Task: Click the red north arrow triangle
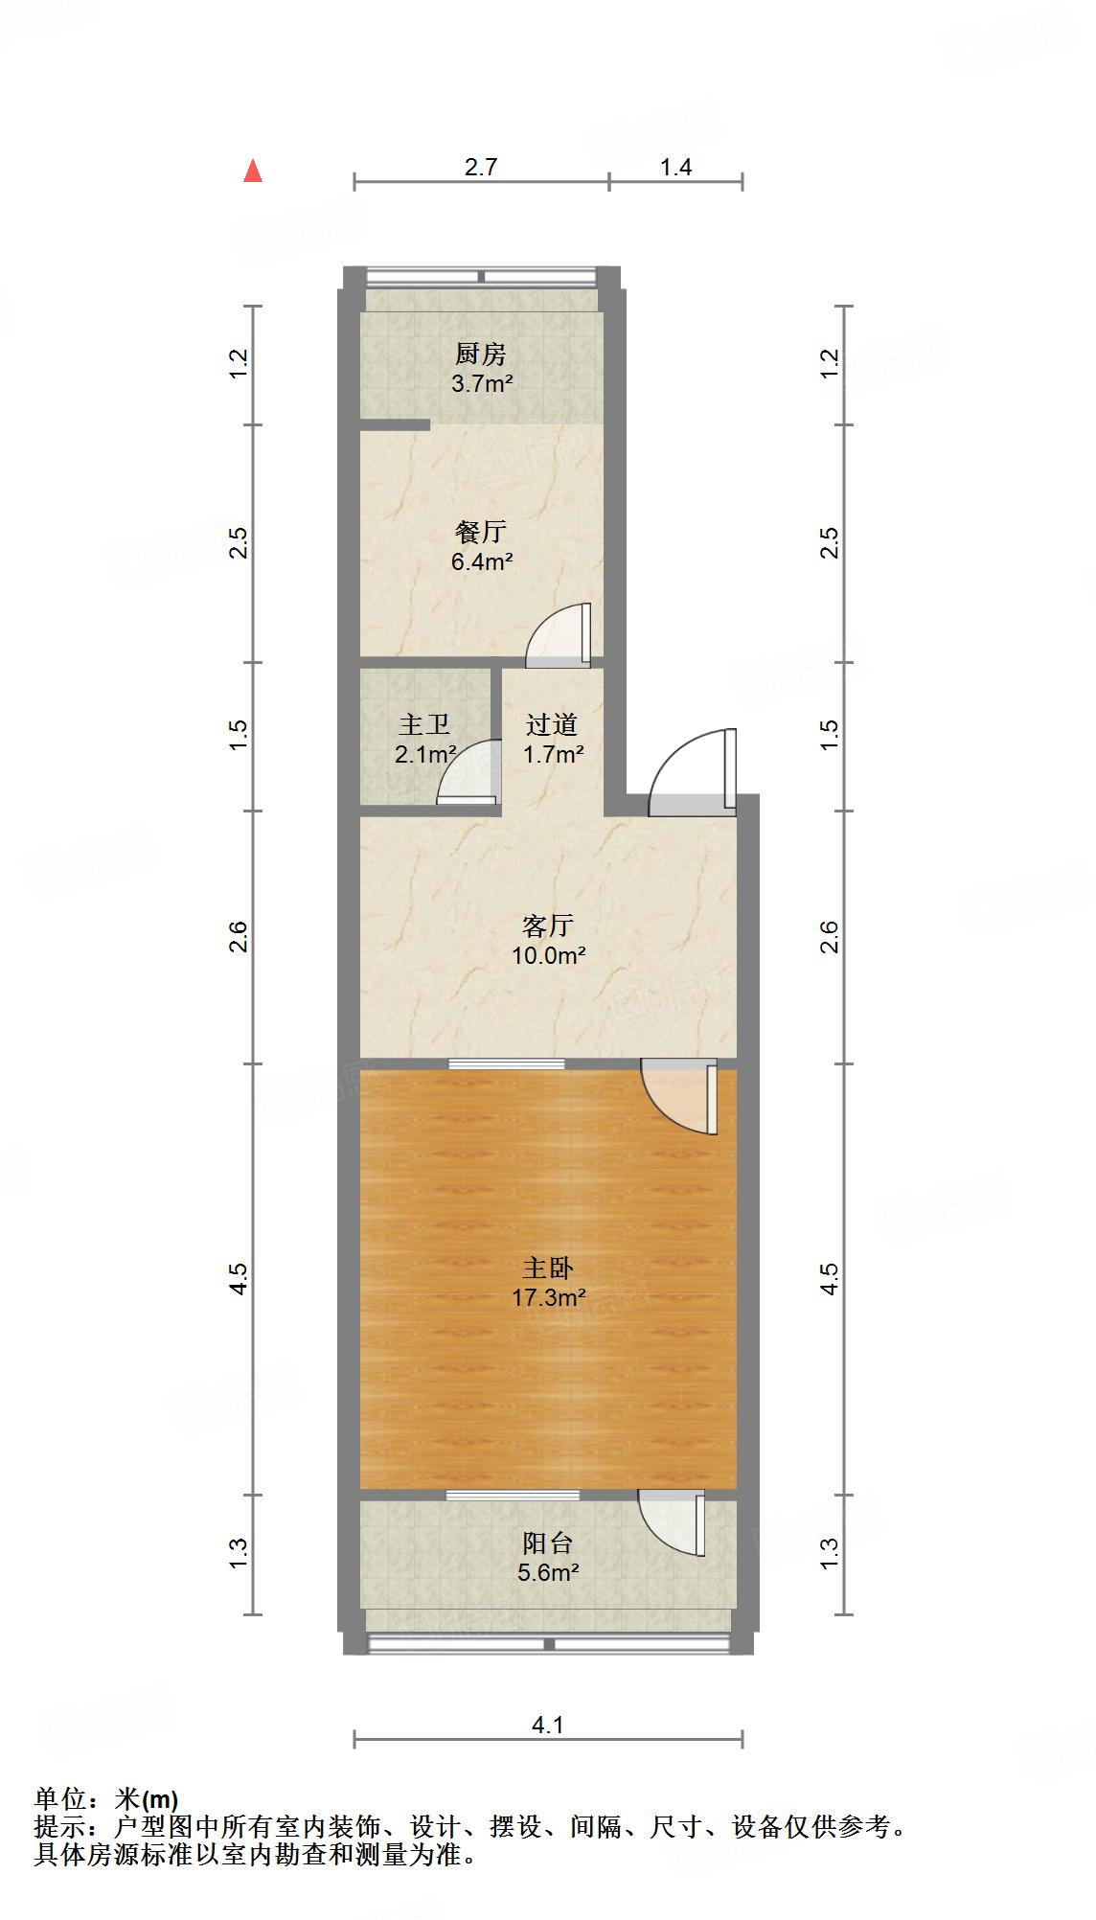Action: click(x=253, y=171)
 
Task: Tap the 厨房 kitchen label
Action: click(x=480, y=354)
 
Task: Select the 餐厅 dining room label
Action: click(x=481, y=532)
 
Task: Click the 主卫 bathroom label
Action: click(x=423, y=725)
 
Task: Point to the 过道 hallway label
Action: click(x=552, y=725)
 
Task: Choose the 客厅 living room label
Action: click(x=548, y=926)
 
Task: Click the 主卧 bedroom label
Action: click(x=548, y=1269)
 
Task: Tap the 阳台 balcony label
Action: click(x=548, y=1543)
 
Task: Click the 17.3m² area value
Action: click(x=548, y=1298)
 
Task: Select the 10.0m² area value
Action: click(x=548, y=955)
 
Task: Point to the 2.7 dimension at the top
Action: click(x=481, y=168)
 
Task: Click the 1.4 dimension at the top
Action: click(x=675, y=168)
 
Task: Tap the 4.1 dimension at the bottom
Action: click(x=548, y=1726)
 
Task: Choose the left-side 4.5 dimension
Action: click(x=240, y=1278)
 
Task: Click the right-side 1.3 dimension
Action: click(x=830, y=1553)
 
